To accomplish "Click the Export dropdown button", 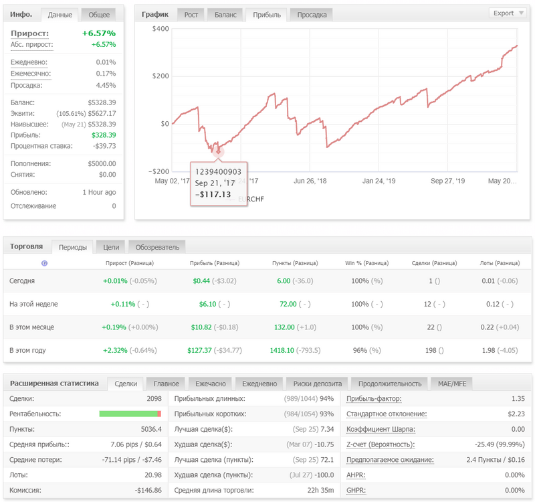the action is coord(508,13).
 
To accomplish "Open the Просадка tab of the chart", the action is coord(312,15).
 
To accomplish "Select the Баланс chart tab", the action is coord(225,15).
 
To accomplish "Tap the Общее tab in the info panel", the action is coord(99,15).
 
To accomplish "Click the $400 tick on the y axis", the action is coord(160,29).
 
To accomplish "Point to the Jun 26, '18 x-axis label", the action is coord(310,181).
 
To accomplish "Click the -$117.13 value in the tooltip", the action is coord(213,194).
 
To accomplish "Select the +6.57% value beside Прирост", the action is coord(98,33).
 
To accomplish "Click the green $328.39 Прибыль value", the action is coord(104,135).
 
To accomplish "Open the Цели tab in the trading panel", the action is coord(111,247).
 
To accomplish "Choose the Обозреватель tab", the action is coord(157,247).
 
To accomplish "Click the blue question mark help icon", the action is coord(44,263).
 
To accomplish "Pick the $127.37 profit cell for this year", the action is coord(199,350).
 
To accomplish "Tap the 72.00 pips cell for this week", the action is coord(288,304).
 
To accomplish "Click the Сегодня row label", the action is coord(22,280).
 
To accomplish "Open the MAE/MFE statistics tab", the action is coord(452,384).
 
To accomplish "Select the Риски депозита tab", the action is coord(317,384).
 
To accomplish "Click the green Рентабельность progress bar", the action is coord(128,414).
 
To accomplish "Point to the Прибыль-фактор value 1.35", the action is coord(518,398).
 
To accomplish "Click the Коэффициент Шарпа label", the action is coord(381,429).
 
